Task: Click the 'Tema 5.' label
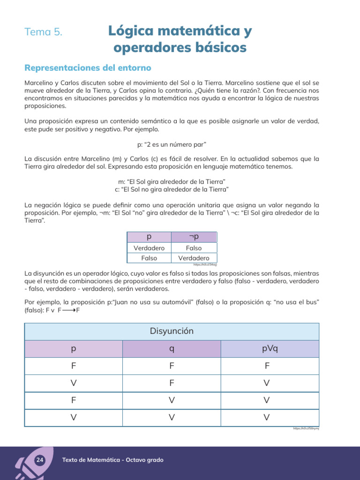point(44,32)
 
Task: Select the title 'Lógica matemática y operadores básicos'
point(180,39)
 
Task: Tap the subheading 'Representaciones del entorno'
point(88,68)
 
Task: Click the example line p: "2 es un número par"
point(172,144)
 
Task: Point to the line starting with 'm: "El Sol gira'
point(172,181)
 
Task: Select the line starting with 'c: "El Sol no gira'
point(172,189)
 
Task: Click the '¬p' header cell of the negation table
point(194,237)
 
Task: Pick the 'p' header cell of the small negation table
point(149,237)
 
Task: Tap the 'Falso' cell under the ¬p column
point(194,248)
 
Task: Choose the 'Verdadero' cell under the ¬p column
point(194,258)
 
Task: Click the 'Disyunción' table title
point(172,331)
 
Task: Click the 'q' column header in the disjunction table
point(172,349)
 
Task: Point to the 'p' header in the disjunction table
point(74,349)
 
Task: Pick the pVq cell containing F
point(266,366)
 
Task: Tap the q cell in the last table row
point(172,417)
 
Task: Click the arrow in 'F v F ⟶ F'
point(68,310)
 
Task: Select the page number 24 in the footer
point(39,460)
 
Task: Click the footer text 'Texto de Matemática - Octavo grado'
point(113,460)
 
